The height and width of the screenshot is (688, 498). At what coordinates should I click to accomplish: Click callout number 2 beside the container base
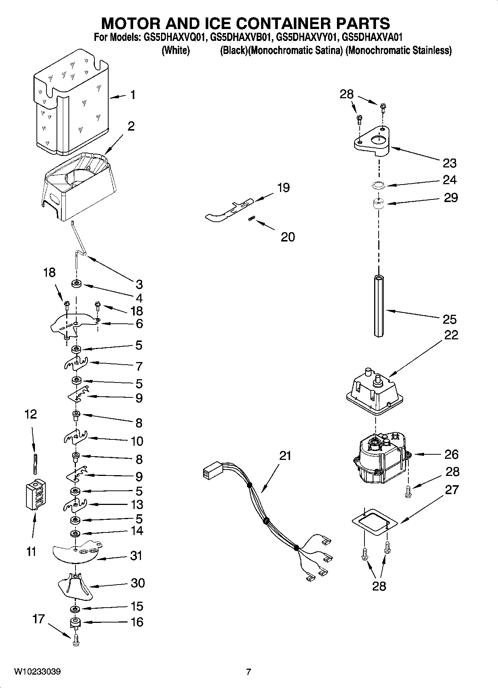131,127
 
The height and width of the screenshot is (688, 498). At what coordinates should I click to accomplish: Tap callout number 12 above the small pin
30,414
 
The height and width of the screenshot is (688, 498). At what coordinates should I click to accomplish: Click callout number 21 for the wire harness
285,455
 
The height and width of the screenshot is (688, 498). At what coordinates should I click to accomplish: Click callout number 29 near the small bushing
451,198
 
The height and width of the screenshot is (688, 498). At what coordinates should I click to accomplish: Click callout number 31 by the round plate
136,556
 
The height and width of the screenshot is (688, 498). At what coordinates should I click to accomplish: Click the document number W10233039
38,672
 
